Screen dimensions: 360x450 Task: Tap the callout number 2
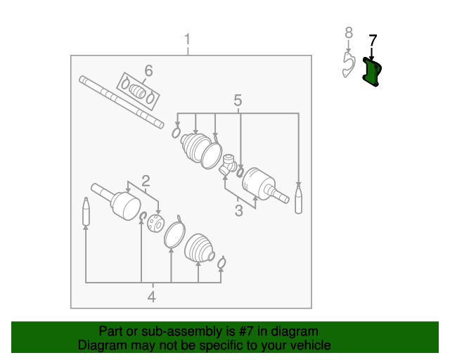click(x=146, y=180)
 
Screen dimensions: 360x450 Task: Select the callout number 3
click(x=238, y=210)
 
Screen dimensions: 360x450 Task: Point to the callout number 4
click(x=151, y=297)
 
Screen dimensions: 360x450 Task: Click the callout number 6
click(x=148, y=70)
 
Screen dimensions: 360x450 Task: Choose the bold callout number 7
click(x=373, y=41)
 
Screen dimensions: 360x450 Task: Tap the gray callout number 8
click(x=347, y=32)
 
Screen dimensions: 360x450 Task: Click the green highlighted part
click(x=371, y=73)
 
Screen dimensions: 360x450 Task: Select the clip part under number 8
click(x=347, y=65)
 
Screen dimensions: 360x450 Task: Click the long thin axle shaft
click(x=120, y=102)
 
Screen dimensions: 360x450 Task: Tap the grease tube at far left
click(x=86, y=212)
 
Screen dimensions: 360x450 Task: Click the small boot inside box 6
click(x=138, y=91)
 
